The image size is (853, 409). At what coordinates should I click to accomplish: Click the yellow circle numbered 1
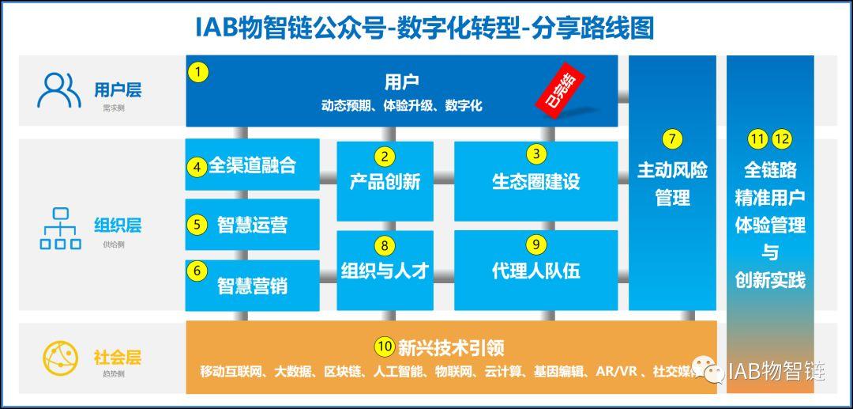(x=198, y=72)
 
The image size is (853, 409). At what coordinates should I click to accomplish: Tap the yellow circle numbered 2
(x=385, y=156)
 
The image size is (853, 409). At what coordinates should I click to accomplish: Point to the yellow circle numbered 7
(x=672, y=139)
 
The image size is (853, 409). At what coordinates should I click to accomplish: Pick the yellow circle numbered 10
(x=385, y=347)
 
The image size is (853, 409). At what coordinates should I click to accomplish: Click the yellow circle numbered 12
(x=782, y=139)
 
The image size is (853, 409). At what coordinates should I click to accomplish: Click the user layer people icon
(x=58, y=89)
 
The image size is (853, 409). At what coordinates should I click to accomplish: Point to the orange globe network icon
(x=59, y=358)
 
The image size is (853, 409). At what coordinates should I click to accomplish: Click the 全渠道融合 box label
(x=252, y=166)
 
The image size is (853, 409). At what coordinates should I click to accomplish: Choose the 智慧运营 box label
(x=252, y=225)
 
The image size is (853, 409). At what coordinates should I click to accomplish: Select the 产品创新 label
(x=385, y=182)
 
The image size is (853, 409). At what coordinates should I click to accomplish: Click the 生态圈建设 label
(x=535, y=181)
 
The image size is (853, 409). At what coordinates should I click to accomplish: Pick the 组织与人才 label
(x=385, y=271)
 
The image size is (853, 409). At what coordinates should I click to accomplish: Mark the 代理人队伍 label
(x=535, y=271)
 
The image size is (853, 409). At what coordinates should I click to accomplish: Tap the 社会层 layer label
(x=117, y=358)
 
